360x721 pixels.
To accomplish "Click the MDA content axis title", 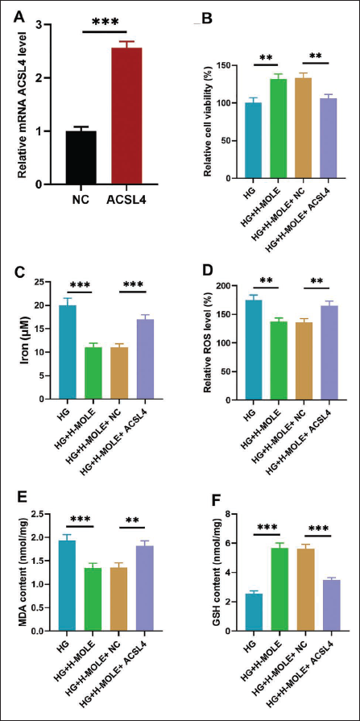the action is pyautogui.click(x=21, y=571).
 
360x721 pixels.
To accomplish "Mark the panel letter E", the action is pyautogui.click(x=20, y=499).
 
